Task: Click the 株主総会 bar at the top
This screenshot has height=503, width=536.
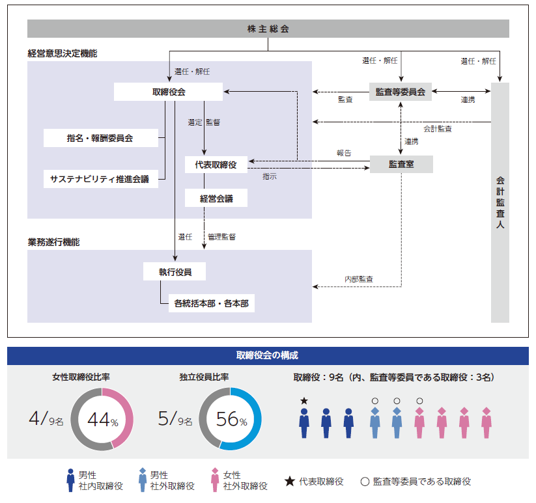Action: click(268, 29)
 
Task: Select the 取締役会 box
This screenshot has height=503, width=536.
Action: click(168, 92)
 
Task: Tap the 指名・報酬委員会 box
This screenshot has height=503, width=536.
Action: click(100, 138)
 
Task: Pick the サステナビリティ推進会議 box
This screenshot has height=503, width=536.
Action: click(100, 179)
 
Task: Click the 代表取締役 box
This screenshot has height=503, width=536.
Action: click(216, 165)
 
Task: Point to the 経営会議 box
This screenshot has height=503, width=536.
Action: click(216, 198)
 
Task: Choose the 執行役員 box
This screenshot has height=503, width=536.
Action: click(175, 272)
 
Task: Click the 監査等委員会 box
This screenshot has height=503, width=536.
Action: click(401, 92)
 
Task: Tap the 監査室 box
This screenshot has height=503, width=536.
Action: click(401, 165)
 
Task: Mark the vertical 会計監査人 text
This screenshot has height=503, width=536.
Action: click(500, 202)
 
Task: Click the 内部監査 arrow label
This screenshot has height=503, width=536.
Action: click(359, 279)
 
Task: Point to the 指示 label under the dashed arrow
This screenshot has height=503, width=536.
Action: click(270, 176)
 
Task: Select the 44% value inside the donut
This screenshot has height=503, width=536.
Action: click(102, 420)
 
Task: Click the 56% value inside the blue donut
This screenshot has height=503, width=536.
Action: click(231, 420)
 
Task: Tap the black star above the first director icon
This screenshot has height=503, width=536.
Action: click(303, 401)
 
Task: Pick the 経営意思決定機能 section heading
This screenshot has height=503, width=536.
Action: click(63, 54)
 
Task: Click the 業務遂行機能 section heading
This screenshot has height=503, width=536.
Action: click(53, 242)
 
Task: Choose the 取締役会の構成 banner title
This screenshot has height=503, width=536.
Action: click(268, 356)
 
